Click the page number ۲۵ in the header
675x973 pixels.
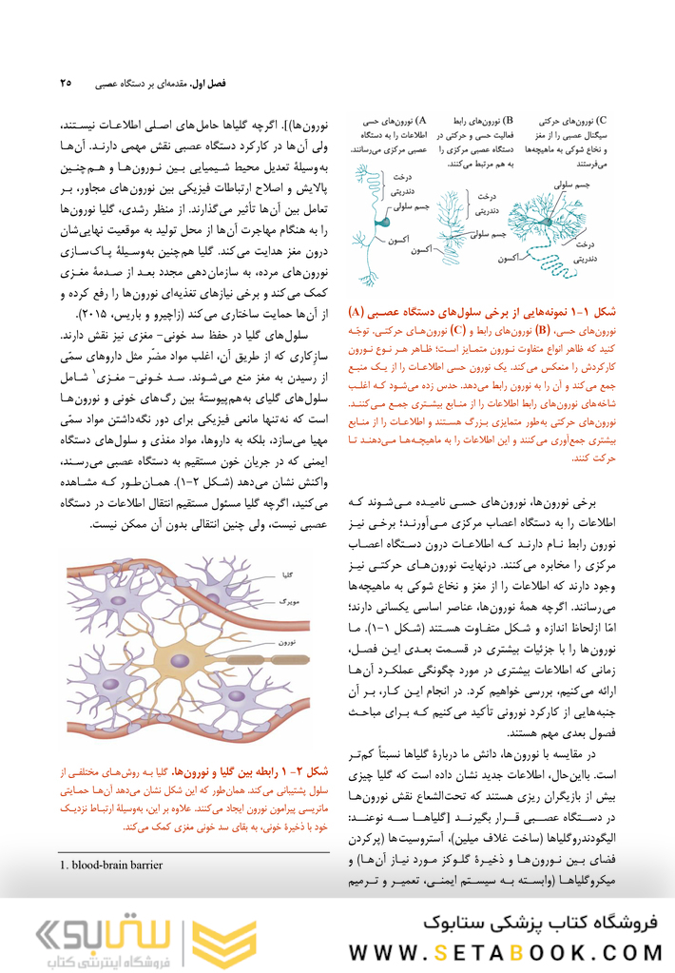click(65, 83)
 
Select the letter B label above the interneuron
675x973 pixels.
click(510, 122)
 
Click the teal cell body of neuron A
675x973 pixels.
click(381, 223)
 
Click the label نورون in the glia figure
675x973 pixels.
click(289, 643)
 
